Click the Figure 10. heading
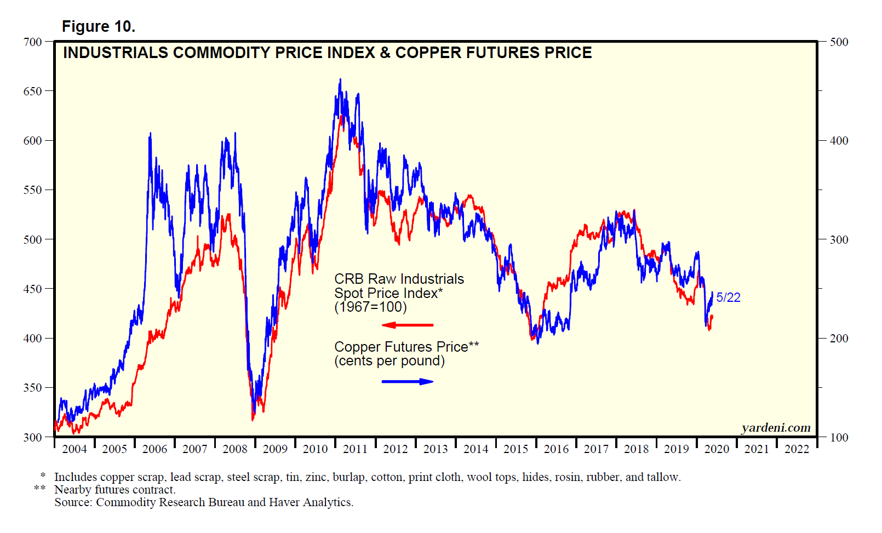(x=98, y=26)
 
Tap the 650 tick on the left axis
(x=32, y=91)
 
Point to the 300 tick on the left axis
(x=32, y=437)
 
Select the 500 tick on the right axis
(x=839, y=42)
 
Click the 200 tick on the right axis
(x=839, y=339)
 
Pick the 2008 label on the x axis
(x=235, y=449)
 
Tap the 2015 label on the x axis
(x=516, y=449)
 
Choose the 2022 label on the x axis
(x=797, y=449)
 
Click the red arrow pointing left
(x=407, y=325)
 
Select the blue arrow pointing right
(x=407, y=381)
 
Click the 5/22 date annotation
(x=728, y=297)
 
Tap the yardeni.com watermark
(x=776, y=428)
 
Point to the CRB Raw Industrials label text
(x=399, y=279)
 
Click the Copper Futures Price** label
(x=406, y=347)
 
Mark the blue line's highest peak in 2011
(x=340, y=79)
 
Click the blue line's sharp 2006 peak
(x=151, y=133)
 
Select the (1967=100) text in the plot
(x=370, y=307)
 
